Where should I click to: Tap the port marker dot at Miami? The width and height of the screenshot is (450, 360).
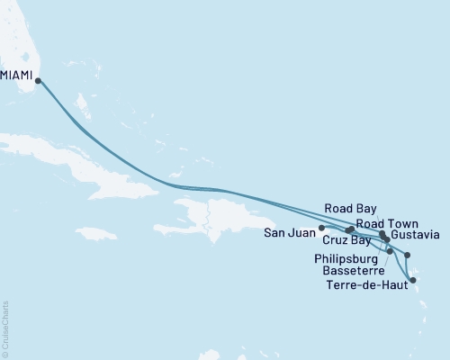pos(38,81)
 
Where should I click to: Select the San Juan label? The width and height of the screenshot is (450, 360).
pos(290,233)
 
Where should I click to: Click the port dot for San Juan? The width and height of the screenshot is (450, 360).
pos(321,229)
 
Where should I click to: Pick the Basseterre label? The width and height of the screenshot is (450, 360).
pos(355,270)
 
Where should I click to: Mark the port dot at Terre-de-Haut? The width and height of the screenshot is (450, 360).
pos(413,281)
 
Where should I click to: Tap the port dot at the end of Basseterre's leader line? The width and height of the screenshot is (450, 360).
pos(389,251)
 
